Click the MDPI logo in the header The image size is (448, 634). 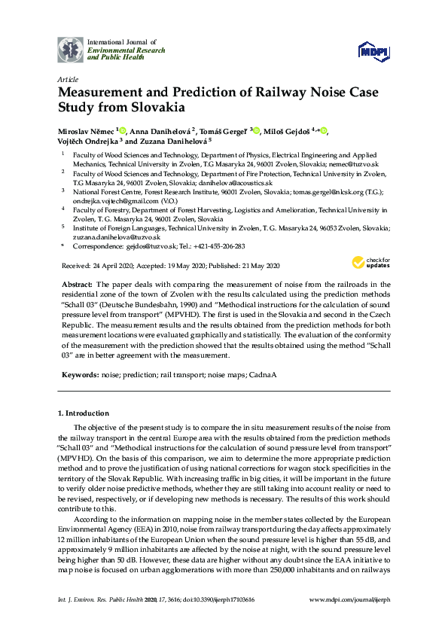(x=374, y=50)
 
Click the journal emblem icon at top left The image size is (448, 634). (x=71, y=48)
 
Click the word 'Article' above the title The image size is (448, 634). (x=67, y=78)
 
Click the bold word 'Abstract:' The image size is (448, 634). (x=75, y=284)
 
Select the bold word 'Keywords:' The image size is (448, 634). (x=79, y=373)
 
